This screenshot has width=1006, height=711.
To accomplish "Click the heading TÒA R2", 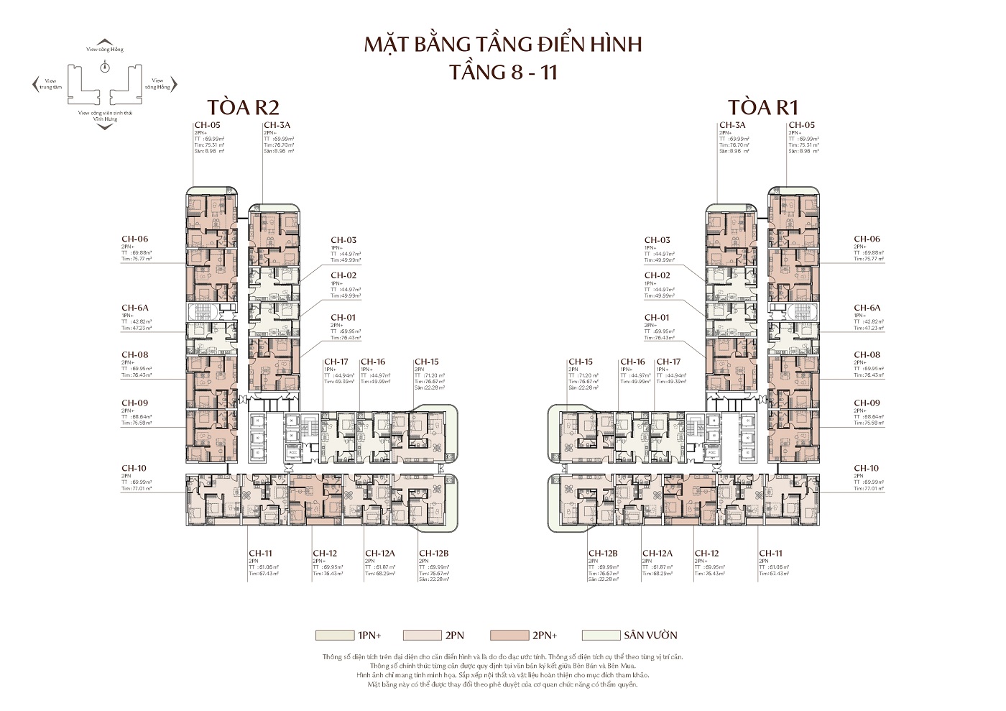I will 242,106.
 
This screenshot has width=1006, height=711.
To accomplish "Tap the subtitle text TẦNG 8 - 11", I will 502,72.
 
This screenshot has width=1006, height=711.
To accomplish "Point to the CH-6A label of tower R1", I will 867,308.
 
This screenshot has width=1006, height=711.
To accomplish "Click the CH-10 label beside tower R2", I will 134,468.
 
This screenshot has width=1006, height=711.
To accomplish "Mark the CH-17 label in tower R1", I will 668,362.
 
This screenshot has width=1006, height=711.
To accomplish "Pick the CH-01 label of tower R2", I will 343,317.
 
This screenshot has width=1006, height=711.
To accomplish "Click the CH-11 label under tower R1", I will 770,554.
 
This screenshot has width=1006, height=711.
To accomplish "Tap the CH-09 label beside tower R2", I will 134,403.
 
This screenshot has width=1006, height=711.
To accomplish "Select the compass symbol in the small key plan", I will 105,67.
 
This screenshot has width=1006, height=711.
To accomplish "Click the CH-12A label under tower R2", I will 379,554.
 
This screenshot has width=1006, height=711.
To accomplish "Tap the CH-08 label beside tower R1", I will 867,354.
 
